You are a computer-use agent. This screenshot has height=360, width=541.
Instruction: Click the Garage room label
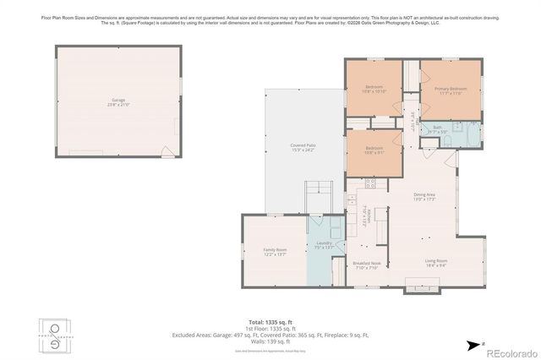[x=118, y=101]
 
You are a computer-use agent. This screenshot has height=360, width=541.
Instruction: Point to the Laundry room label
[x=324, y=244]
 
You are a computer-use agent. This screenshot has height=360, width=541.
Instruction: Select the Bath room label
[x=437, y=129]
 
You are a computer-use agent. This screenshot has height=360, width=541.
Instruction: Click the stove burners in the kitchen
[x=370, y=184]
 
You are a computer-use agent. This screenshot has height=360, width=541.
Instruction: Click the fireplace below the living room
[x=418, y=286]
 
